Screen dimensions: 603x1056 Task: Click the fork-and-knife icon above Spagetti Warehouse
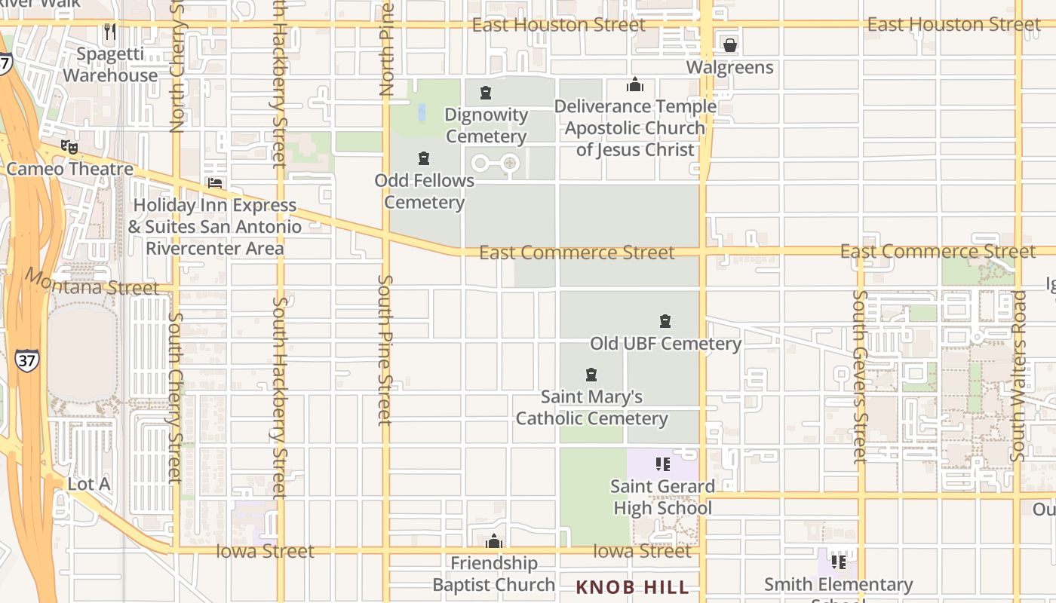pyautogui.click(x=110, y=32)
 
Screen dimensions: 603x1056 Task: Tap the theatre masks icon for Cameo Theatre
pyautogui.click(x=69, y=147)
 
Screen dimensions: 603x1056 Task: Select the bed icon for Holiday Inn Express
pyautogui.click(x=215, y=183)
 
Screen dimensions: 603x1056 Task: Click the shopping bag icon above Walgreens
pyautogui.click(x=729, y=45)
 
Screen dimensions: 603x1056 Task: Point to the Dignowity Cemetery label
pyautogui.click(x=486, y=126)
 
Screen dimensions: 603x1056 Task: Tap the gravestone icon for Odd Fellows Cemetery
pyautogui.click(x=424, y=158)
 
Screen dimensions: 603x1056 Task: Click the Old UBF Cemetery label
pyautogui.click(x=665, y=344)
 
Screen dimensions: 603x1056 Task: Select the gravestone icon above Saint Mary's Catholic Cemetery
pyautogui.click(x=591, y=375)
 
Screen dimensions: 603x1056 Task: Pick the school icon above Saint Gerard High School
pyautogui.click(x=662, y=464)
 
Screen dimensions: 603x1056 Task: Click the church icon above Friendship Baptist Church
pyautogui.click(x=494, y=541)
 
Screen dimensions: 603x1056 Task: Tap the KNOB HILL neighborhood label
pyautogui.click(x=632, y=587)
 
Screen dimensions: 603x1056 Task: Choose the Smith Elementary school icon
pyautogui.click(x=838, y=562)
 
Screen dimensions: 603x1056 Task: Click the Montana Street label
pyautogui.click(x=92, y=283)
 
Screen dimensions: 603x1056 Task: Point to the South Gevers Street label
pyautogui.click(x=860, y=375)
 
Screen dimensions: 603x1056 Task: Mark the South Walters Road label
pyautogui.click(x=1018, y=375)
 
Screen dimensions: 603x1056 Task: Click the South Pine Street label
pyautogui.click(x=385, y=350)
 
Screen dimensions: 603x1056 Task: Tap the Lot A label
pyautogui.click(x=89, y=484)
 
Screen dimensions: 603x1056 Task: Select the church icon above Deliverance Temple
pyautogui.click(x=635, y=84)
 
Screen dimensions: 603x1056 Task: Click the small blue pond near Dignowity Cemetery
pyautogui.click(x=422, y=113)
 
